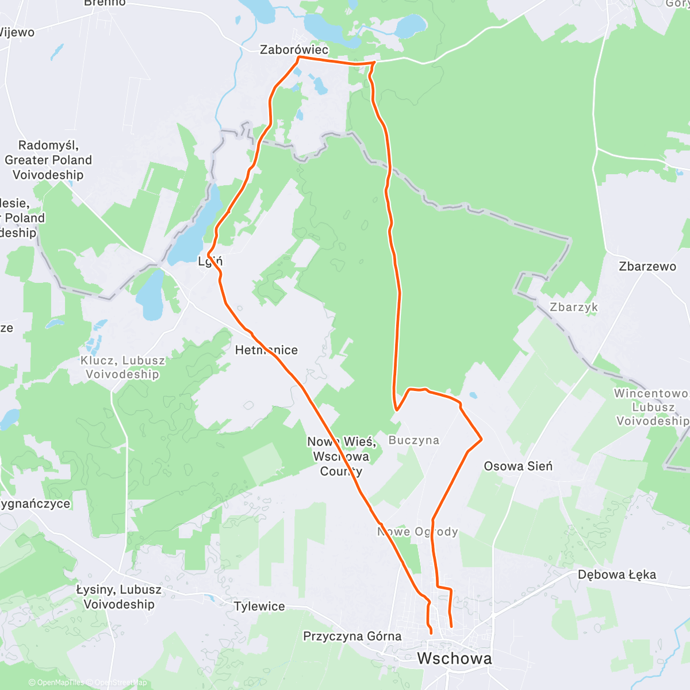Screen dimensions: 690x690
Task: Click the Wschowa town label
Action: point(454,658)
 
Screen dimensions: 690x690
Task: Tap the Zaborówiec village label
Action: point(294,49)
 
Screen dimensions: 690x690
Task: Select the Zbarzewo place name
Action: point(647,266)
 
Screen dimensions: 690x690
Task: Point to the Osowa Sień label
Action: point(518,466)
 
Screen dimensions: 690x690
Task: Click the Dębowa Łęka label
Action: point(616,574)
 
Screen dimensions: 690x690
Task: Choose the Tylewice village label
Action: point(259,606)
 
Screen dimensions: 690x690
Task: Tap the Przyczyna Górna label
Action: point(352,636)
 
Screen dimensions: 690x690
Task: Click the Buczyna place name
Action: point(414,440)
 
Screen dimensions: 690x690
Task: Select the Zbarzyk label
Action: point(574,307)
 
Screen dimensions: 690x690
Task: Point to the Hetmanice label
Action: point(266,350)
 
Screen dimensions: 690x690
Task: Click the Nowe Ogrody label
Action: point(418,532)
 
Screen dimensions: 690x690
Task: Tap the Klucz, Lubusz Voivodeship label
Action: point(122,367)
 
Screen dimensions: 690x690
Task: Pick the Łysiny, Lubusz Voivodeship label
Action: point(119,597)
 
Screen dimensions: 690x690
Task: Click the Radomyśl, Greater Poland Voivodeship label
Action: point(48,160)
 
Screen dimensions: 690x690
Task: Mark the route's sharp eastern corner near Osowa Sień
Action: point(481,439)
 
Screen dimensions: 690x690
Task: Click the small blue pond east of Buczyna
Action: point(473,396)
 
